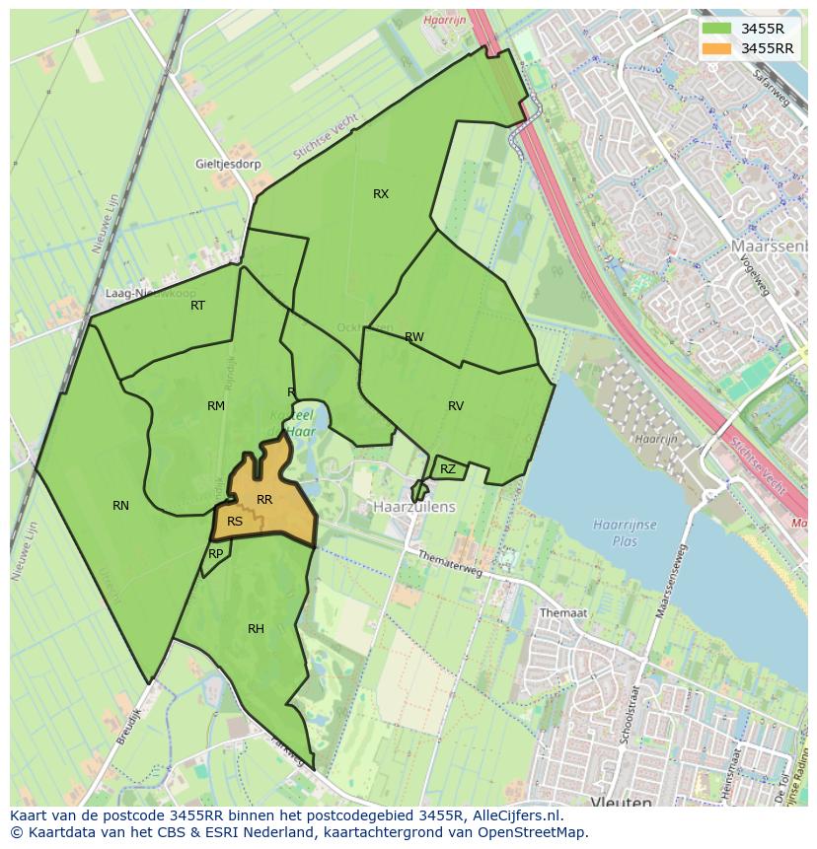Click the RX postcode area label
[381, 194]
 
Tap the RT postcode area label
[197, 306]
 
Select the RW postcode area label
[414, 337]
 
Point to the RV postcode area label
[456, 406]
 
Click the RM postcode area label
[216, 406]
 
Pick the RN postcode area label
[120, 506]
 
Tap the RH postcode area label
[256, 629]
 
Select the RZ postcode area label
[448, 469]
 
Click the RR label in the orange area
[264, 500]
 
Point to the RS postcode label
[235, 522]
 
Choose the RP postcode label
[215, 554]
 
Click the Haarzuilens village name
[414, 507]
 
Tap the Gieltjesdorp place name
[228, 165]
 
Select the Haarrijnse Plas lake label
[626, 532]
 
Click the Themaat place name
[563, 613]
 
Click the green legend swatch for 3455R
[717, 29]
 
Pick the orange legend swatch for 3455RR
[717, 47]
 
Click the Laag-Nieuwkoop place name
[150, 294]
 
